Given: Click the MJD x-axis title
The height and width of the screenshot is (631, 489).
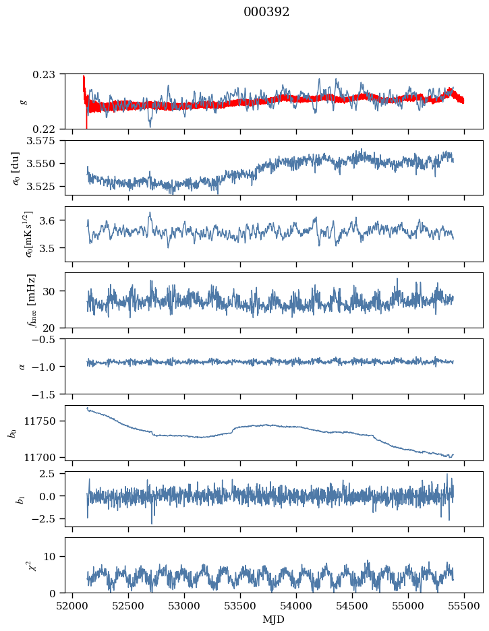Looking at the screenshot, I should point(274,620).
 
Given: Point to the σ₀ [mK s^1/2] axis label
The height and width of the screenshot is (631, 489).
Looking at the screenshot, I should point(13,233).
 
